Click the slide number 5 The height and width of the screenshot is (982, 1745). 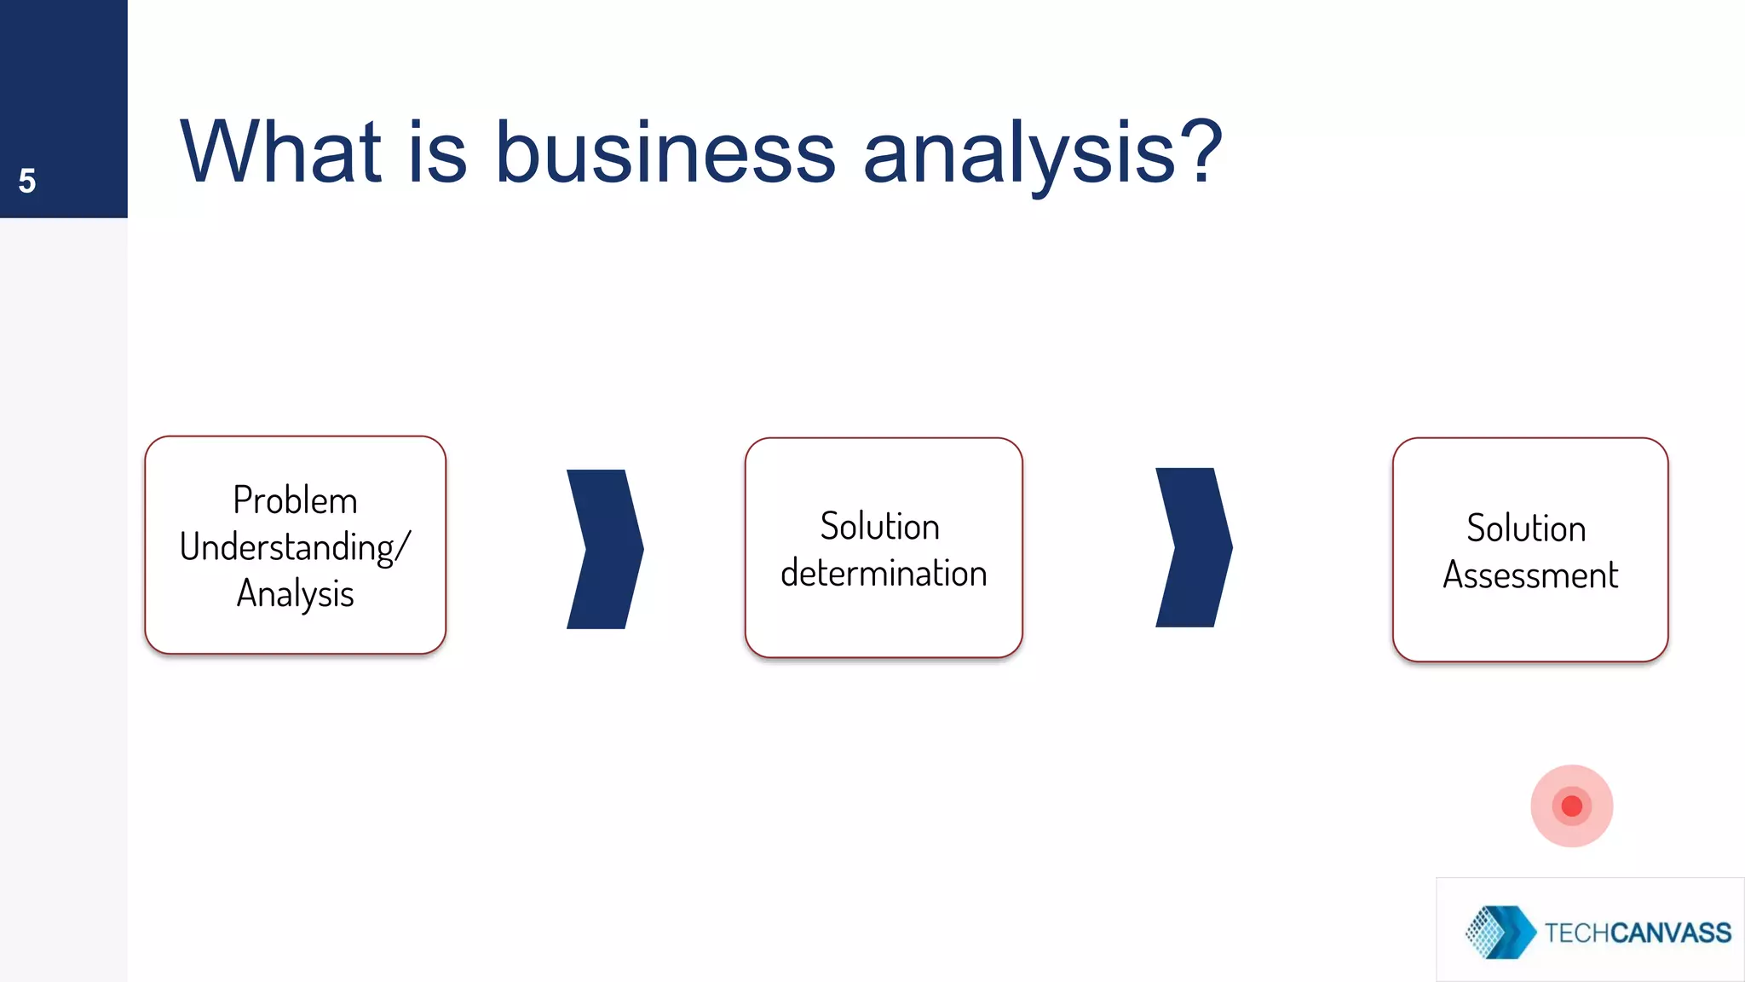27,181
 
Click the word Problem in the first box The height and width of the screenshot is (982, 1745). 295,500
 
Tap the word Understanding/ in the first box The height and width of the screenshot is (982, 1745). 295,547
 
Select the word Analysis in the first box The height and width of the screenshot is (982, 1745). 295,594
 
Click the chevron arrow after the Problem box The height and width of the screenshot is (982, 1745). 604,549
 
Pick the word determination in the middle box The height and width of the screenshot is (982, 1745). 884,573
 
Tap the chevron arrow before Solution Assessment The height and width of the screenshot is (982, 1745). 1193,547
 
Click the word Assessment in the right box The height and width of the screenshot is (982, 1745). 1530,575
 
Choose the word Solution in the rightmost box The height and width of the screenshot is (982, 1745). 1526,529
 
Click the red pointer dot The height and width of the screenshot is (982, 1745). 1572,806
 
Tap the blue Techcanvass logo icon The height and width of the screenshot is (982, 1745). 1500,932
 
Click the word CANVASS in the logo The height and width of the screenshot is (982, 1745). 1672,933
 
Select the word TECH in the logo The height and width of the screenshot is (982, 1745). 1577,933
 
